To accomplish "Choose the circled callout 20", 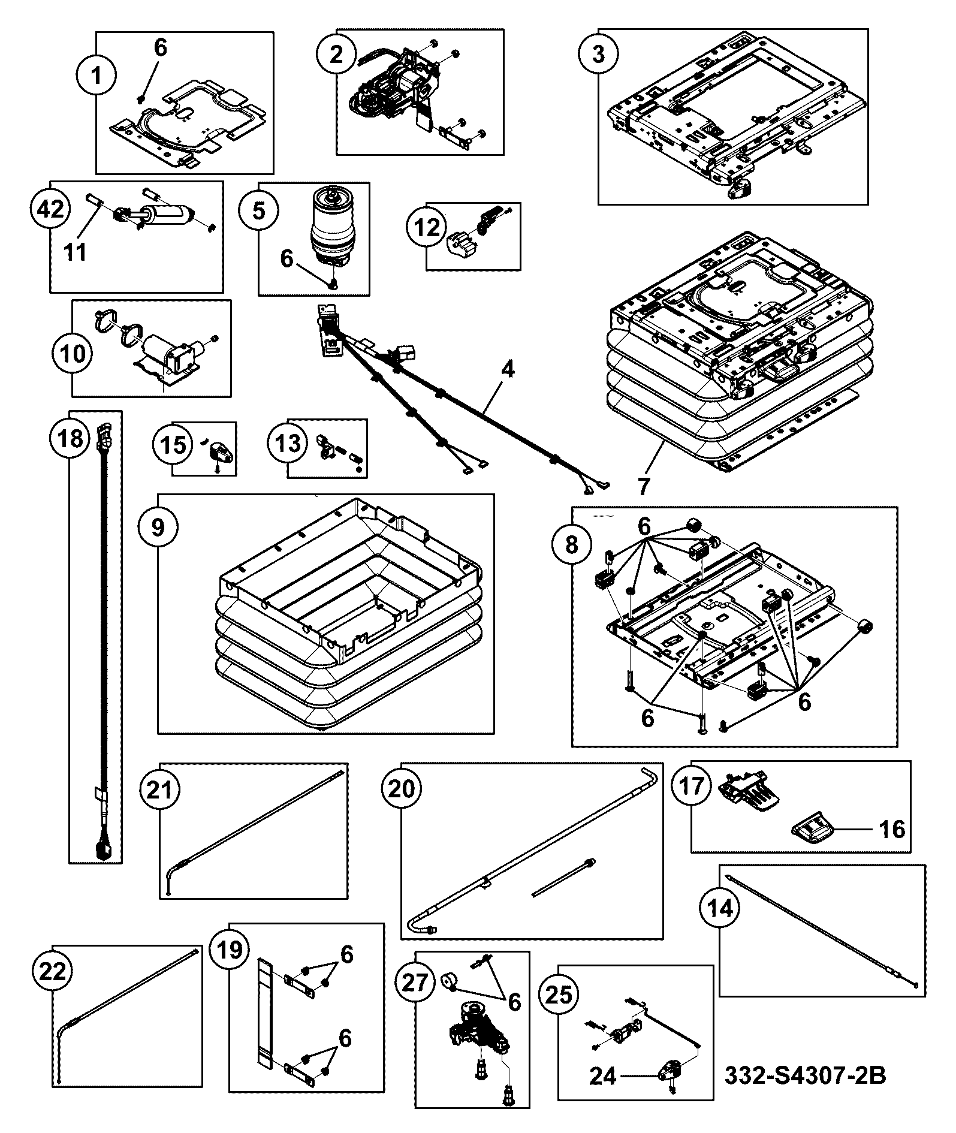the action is click(402, 789).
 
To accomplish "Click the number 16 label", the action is click(892, 830).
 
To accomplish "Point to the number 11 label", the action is click(75, 252).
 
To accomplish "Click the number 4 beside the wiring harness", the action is click(507, 369).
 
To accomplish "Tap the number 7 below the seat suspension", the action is click(644, 486).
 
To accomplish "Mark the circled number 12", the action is click(427, 228).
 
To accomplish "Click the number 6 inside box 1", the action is click(161, 48).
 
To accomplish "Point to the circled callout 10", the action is click(74, 353).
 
